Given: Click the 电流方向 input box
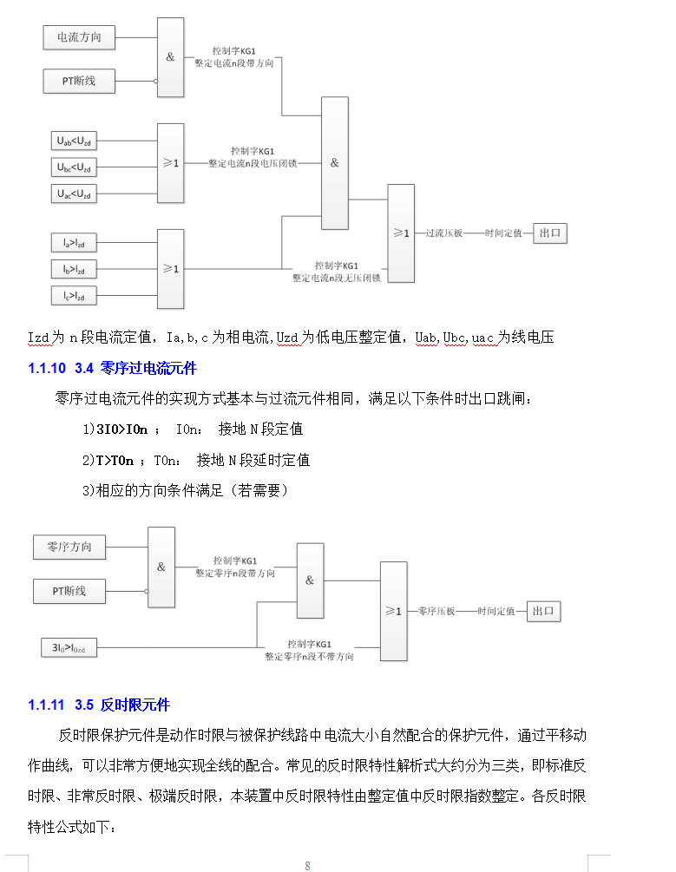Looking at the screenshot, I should click(x=79, y=37).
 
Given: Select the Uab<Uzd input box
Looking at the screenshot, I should click(x=74, y=141).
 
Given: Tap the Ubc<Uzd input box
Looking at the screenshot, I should click(x=74, y=167).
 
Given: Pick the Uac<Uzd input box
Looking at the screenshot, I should click(x=74, y=194).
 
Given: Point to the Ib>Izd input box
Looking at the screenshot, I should click(x=74, y=269).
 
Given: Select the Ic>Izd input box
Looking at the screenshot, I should click(x=74, y=296).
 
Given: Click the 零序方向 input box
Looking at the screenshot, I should click(x=69, y=547).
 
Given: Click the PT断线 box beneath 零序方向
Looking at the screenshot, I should click(x=69, y=591).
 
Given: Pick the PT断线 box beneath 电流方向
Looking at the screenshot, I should click(x=79, y=82).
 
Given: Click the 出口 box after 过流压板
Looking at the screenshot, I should click(x=551, y=233).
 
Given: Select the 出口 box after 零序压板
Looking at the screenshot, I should click(x=545, y=612).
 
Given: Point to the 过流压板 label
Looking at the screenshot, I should click(x=444, y=233).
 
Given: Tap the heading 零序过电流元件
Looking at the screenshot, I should click(x=148, y=369).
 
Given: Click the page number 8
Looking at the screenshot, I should click(x=307, y=865).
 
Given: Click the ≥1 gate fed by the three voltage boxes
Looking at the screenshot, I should click(x=170, y=162).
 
